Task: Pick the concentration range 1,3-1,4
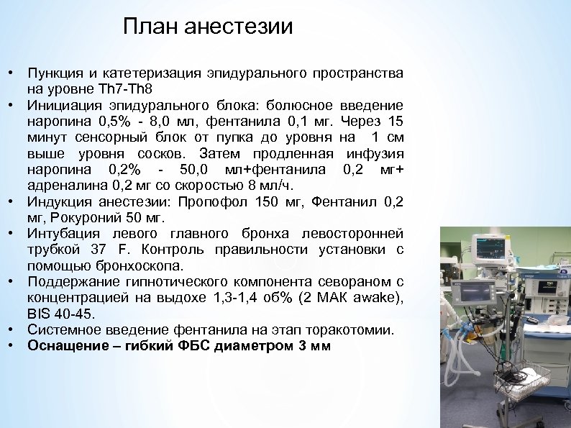click(x=226, y=298)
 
